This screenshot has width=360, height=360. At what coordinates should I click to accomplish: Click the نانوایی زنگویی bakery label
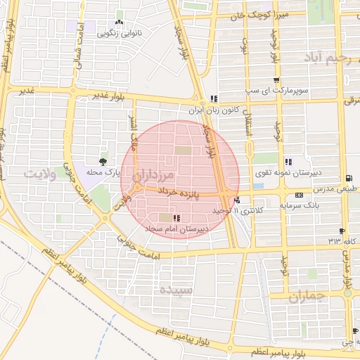tap(117, 32)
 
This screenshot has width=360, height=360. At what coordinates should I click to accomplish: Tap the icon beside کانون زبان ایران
tap(214, 98)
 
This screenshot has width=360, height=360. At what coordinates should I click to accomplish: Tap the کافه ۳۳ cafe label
tap(339, 241)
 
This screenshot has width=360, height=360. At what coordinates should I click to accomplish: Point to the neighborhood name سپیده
tap(174, 289)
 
